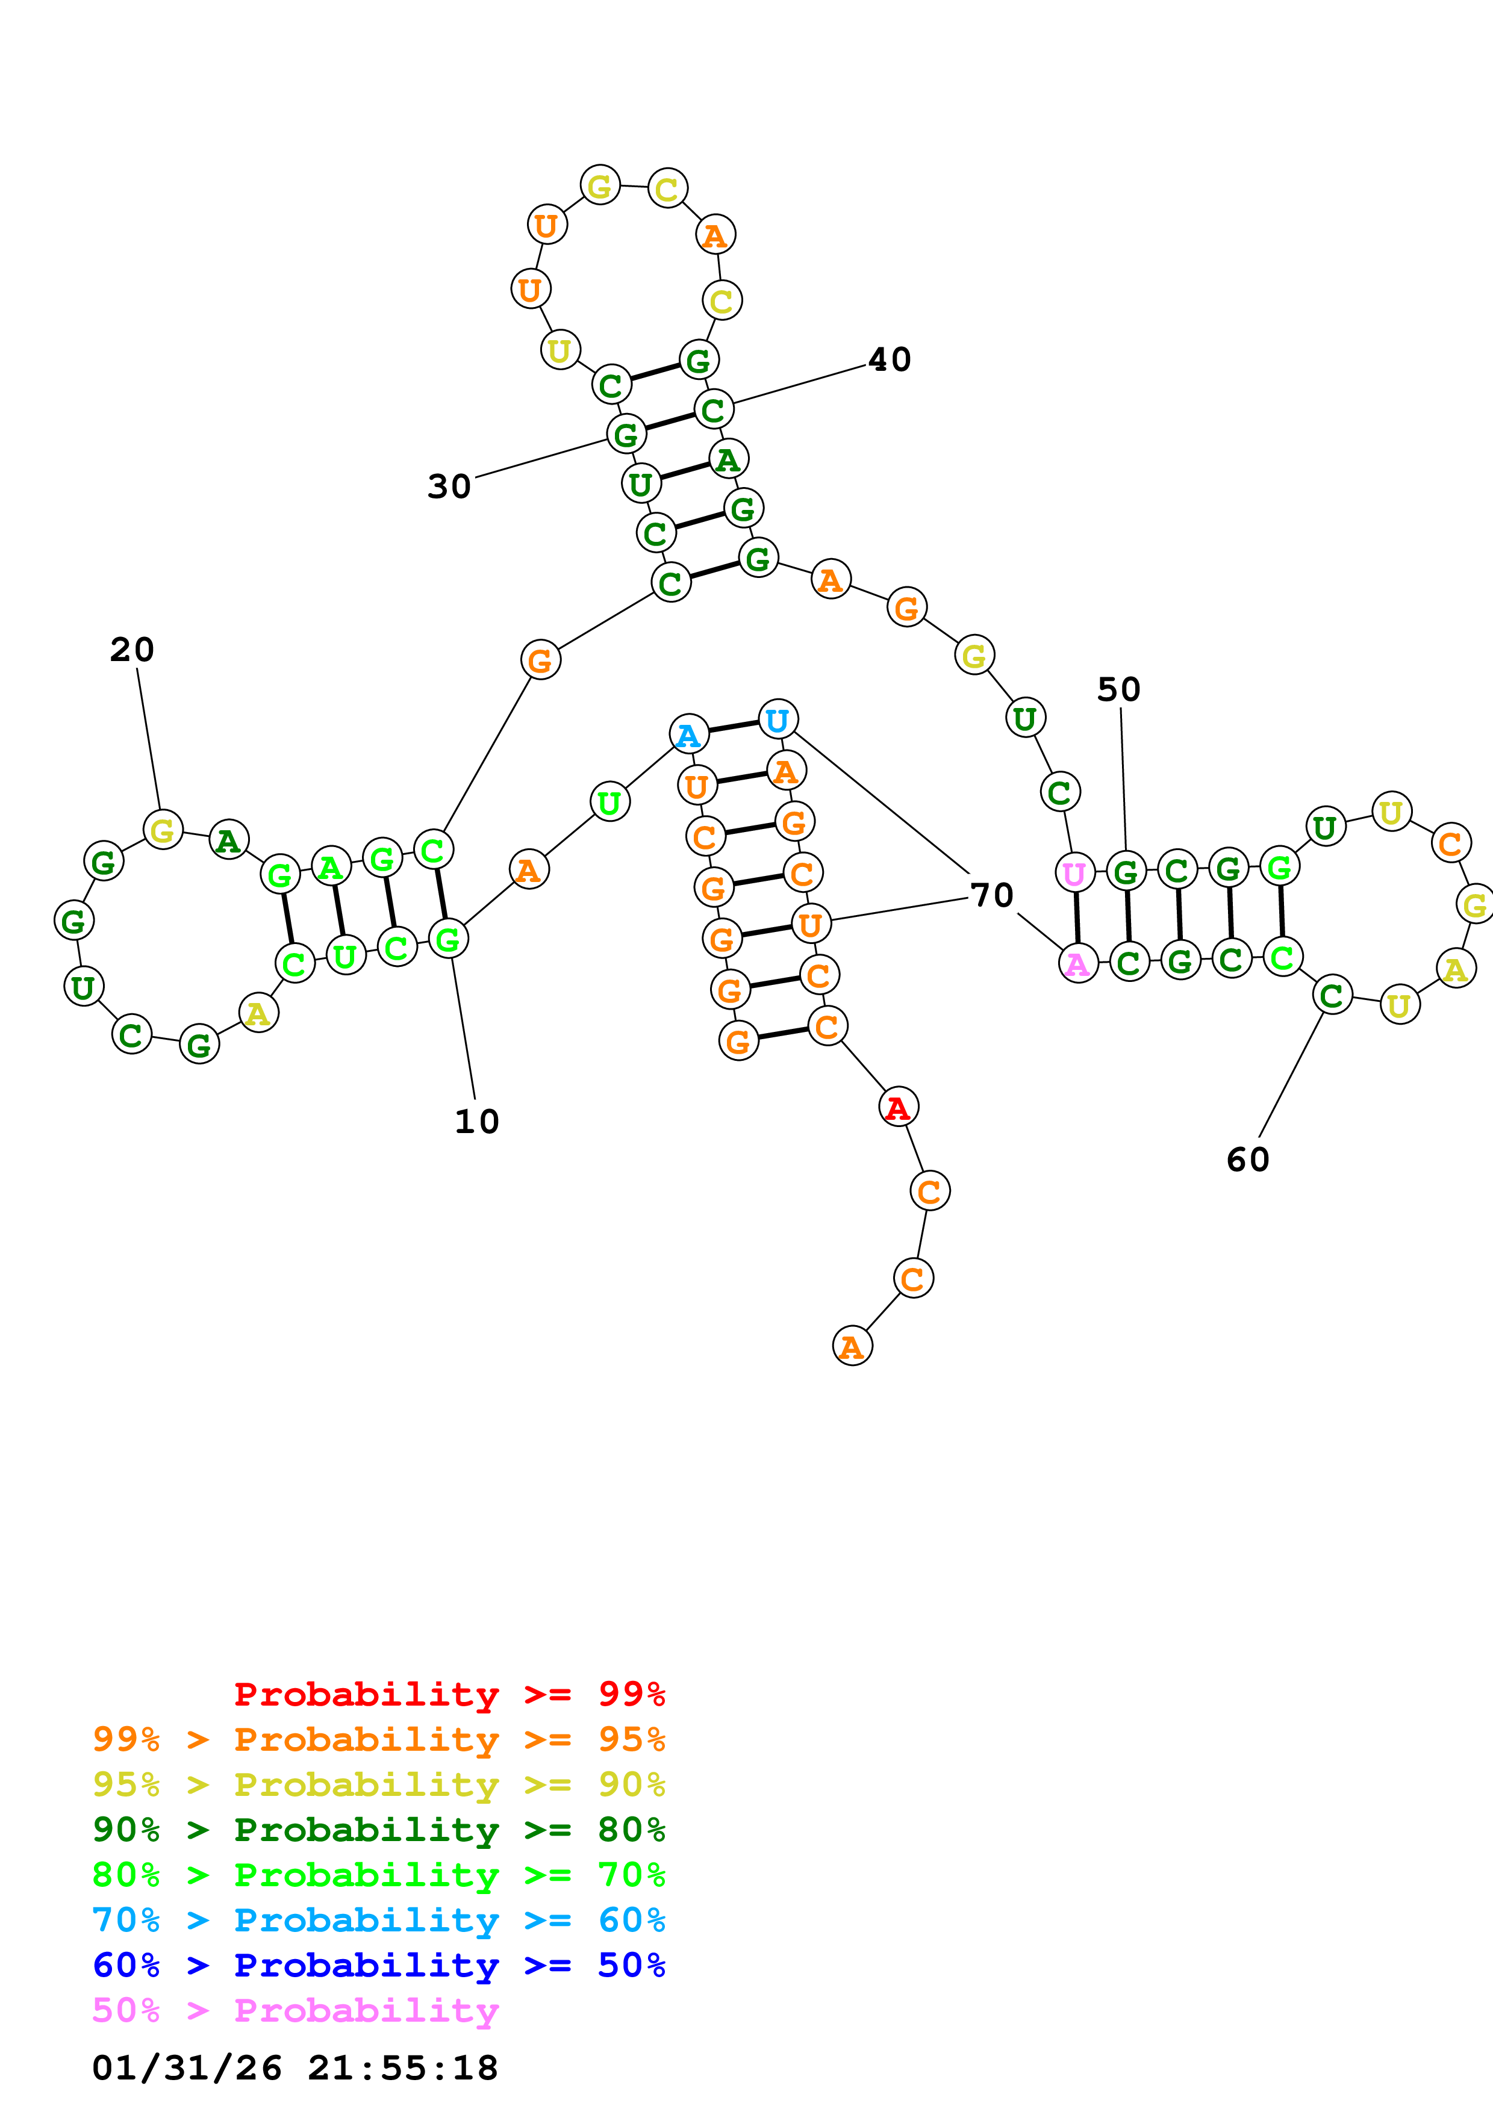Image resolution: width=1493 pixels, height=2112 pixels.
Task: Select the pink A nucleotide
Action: [1077, 963]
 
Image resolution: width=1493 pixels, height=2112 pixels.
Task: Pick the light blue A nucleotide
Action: [688, 735]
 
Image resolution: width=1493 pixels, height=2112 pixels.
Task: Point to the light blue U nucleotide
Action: [778, 719]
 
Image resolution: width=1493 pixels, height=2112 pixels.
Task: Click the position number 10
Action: [476, 1121]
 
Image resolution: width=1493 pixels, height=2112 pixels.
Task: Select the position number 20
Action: [131, 650]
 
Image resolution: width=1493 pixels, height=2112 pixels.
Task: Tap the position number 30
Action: [449, 486]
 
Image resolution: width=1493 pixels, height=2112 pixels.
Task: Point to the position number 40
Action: [890, 359]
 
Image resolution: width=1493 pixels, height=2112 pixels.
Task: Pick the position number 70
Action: [992, 894]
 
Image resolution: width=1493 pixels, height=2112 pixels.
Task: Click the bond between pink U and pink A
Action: [1076, 918]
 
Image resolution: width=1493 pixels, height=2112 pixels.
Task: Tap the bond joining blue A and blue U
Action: [733, 727]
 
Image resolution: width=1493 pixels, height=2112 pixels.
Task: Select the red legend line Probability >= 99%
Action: [449, 1694]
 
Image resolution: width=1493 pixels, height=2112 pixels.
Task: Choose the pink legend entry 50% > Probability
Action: [295, 2010]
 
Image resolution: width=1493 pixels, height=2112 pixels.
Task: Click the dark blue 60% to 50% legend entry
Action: [378, 1965]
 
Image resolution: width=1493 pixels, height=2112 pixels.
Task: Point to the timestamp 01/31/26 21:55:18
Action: [295, 2068]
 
